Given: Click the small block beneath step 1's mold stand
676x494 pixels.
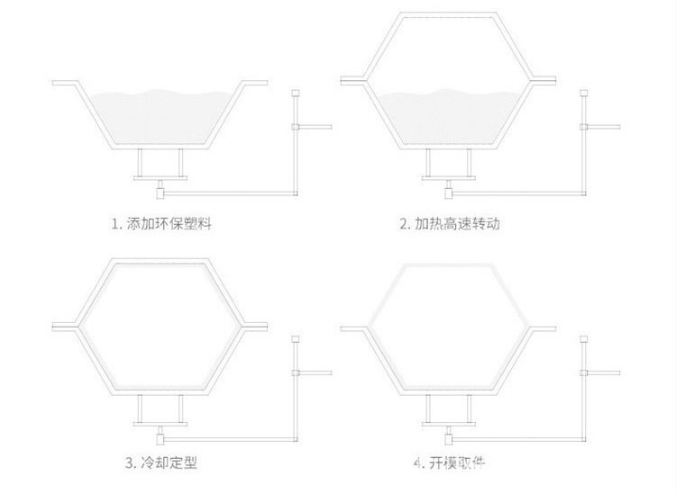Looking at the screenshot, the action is [x=160, y=190].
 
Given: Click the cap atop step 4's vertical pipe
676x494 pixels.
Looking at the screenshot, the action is [x=585, y=338].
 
